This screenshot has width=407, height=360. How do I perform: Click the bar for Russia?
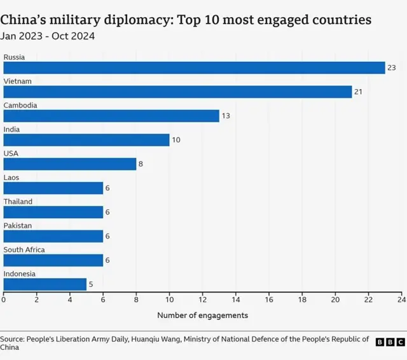click(194, 68)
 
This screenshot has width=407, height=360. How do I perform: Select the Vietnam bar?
click(177, 92)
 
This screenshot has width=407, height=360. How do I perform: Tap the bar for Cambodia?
click(111, 116)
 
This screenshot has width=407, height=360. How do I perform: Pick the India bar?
click(86, 140)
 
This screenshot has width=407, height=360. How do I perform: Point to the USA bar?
click(70, 164)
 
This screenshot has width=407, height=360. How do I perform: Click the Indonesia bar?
click(45, 284)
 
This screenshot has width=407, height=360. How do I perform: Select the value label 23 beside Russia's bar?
click(392, 68)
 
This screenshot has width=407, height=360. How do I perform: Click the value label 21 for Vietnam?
click(359, 92)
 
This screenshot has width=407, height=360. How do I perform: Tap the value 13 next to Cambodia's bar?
click(226, 116)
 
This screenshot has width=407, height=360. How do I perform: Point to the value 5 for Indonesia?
click(91, 284)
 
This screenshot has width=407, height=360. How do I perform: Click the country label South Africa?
click(24, 249)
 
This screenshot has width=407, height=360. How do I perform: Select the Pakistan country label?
click(17, 226)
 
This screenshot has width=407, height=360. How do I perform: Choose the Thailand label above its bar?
click(18, 202)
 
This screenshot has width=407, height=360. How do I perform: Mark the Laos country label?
click(11, 177)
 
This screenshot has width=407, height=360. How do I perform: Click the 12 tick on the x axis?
click(202, 299)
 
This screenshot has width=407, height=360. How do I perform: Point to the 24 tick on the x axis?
click(401, 299)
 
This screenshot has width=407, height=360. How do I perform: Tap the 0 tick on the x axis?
click(4, 299)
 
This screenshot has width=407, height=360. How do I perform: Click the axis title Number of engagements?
click(202, 315)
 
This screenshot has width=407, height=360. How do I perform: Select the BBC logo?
click(390, 342)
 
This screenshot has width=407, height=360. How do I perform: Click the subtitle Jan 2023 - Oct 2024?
click(49, 36)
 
